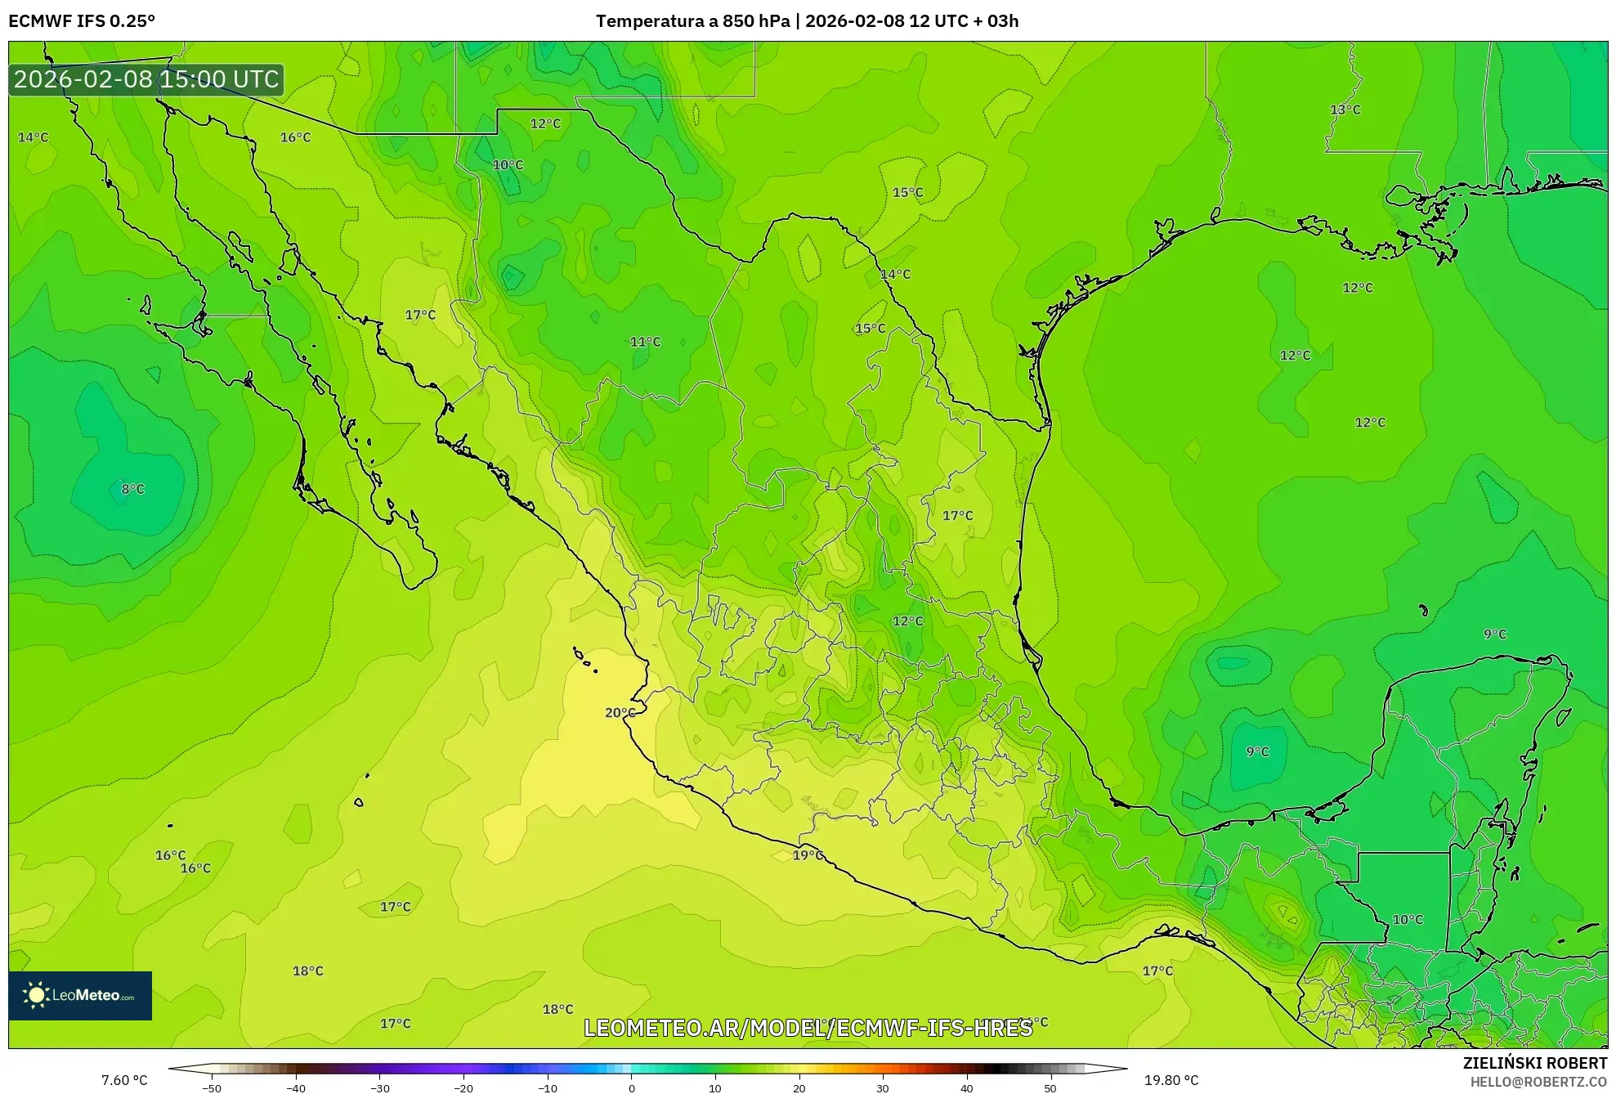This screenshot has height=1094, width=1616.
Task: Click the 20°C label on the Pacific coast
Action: tap(620, 713)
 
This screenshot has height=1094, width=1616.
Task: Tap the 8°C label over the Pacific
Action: tap(132, 489)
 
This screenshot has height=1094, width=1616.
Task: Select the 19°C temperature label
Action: tap(808, 855)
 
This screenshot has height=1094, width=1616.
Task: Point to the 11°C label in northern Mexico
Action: tap(645, 342)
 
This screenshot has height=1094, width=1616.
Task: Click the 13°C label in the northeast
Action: tap(1345, 110)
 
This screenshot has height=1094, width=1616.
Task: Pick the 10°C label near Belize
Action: tap(1408, 919)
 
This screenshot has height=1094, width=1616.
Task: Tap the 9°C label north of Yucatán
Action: tap(1495, 634)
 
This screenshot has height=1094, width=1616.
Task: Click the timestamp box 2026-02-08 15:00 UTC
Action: tap(146, 79)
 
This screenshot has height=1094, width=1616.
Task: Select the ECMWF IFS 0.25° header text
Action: tap(82, 21)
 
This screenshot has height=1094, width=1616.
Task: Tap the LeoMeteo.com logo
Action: tap(80, 995)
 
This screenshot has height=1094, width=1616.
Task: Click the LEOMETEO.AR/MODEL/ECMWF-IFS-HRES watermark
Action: tap(808, 1028)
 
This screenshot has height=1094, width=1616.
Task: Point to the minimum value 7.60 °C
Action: tap(124, 1080)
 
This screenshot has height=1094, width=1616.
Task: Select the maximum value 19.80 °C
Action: tap(1171, 1080)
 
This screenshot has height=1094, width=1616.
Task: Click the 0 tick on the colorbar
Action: tap(631, 1088)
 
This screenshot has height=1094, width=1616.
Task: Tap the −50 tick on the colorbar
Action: tap(211, 1088)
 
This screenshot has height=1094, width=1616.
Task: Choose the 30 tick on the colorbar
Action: tap(883, 1088)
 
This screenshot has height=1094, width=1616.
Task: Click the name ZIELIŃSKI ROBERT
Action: tap(1534, 1063)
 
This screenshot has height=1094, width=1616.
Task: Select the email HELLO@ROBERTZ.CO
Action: tap(1538, 1082)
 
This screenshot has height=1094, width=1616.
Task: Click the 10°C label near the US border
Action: tap(508, 164)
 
